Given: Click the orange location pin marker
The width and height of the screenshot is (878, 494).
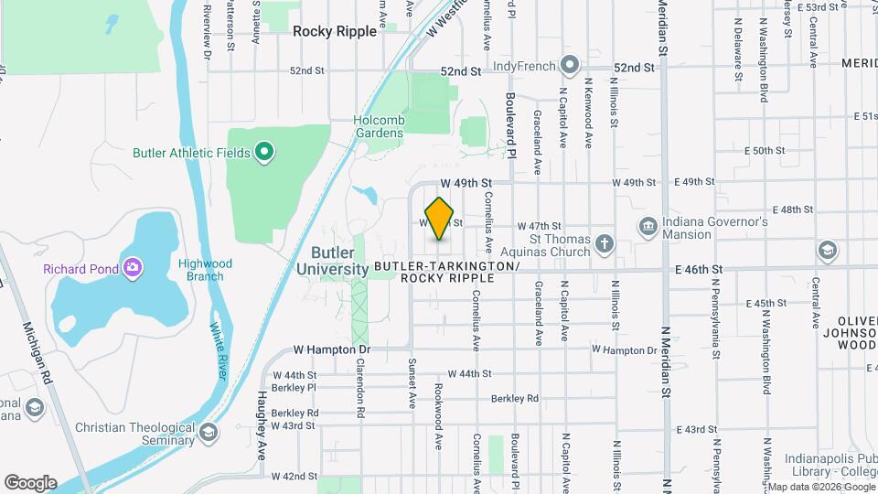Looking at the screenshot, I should (x=440, y=219).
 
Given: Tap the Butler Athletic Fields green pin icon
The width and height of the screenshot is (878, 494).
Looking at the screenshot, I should (x=265, y=152).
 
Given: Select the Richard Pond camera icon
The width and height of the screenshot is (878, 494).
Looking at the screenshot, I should (x=134, y=268).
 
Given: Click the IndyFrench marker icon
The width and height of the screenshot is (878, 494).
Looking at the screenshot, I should (x=570, y=66).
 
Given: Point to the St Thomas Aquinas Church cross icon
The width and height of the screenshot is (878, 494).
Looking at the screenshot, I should (x=604, y=242).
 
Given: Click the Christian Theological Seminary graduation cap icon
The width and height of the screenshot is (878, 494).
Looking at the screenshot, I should (x=209, y=432).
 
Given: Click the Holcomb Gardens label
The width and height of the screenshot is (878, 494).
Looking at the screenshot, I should (x=379, y=125).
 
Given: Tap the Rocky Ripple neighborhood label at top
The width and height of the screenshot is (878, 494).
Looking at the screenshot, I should (x=334, y=31).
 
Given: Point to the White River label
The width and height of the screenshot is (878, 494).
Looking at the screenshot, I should (x=219, y=350).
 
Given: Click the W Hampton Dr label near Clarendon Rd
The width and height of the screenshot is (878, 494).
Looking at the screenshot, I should (x=332, y=349).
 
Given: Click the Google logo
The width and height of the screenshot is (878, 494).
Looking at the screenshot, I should (x=30, y=482).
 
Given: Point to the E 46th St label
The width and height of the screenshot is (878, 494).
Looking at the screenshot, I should (x=699, y=269).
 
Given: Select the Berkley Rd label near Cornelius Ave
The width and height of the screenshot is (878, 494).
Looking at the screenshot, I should (x=515, y=398).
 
